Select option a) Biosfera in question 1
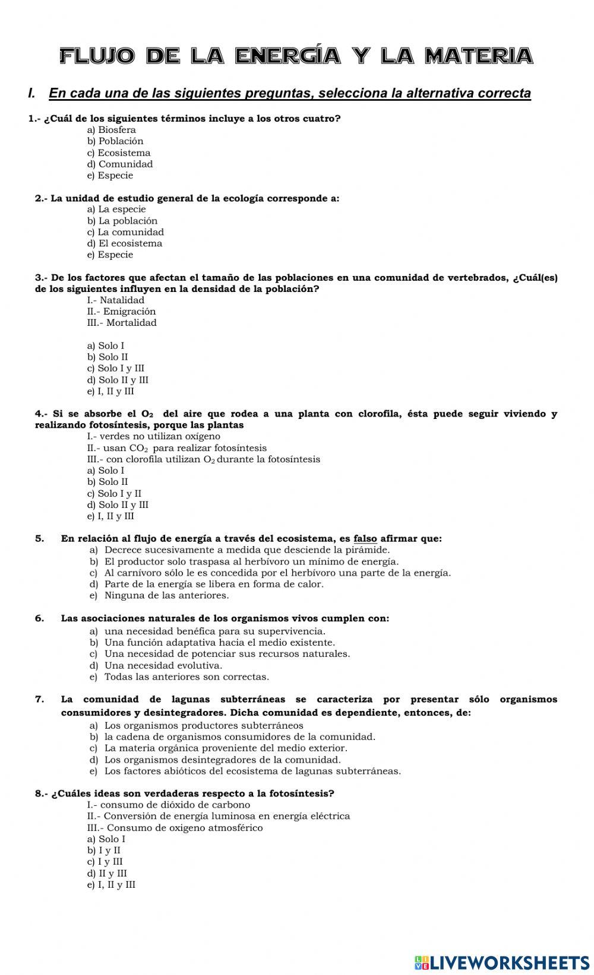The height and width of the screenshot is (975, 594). tap(112, 130)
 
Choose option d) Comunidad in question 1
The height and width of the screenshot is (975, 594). tap(120, 164)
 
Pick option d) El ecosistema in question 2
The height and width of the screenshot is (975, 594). tap(125, 243)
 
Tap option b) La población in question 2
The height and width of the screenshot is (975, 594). tap(122, 221)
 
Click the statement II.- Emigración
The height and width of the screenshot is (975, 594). tap(121, 312)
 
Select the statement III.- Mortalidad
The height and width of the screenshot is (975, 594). tap(122, 323)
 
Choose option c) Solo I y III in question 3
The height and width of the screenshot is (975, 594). tap(116, 369)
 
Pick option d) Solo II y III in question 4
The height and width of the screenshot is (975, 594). tap(118, 505)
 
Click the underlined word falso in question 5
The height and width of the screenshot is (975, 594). tap(365, 539)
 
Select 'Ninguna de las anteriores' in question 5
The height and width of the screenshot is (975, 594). tap(166, 595)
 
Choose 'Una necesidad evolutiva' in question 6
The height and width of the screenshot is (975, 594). tap(163, 665)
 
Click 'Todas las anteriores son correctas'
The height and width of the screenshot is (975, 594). tap(187, 677)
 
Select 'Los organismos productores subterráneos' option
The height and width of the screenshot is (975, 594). tap(204, 725)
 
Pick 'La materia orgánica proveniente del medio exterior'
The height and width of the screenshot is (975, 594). tap(226, 748)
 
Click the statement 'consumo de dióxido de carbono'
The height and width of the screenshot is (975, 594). tap(169, 805)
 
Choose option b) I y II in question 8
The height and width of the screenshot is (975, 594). tap(104, 850)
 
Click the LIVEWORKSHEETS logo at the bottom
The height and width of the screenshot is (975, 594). tap(502, 962)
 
